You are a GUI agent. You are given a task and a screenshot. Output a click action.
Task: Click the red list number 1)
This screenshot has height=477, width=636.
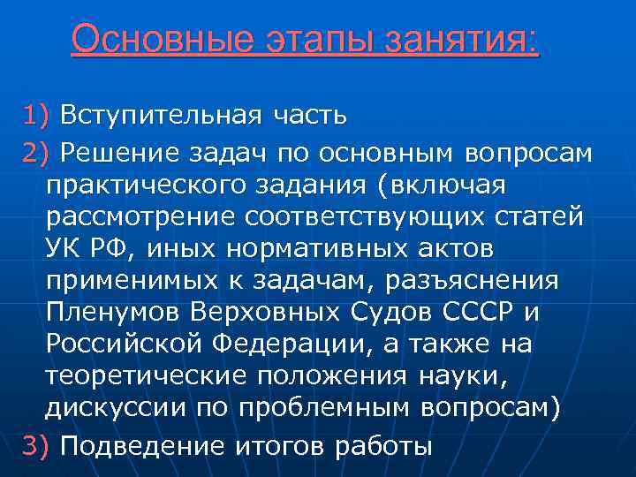click(39, 116)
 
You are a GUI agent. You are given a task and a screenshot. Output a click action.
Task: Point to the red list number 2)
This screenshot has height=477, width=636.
click(39, 153)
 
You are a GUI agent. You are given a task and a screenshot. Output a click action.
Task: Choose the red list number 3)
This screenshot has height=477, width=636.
click(39, 446)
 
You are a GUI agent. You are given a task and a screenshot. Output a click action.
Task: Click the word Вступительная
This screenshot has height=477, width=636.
click(158, 116)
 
